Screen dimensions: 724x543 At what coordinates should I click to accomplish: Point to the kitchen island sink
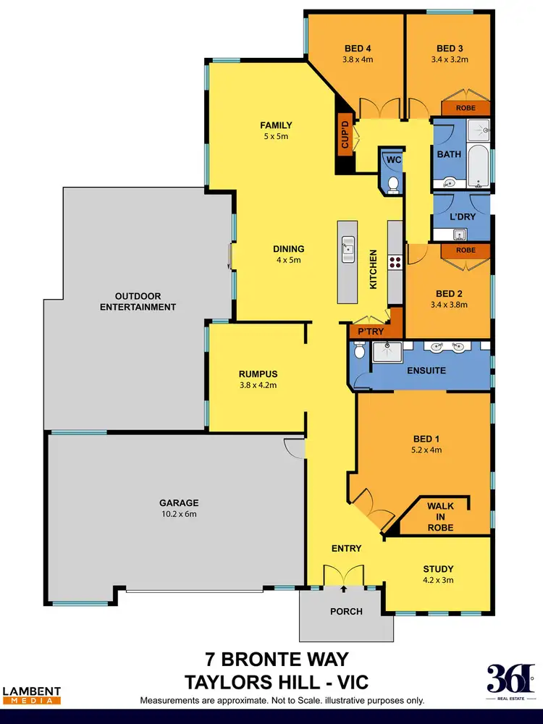click(348, 248)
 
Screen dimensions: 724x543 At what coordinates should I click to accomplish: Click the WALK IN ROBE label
click(440, 517)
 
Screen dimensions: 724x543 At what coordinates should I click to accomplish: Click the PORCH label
click(347, 611)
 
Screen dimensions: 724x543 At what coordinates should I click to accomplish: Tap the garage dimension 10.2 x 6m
click(178, 514)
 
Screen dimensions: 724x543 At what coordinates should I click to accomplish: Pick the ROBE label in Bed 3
click(465, 108)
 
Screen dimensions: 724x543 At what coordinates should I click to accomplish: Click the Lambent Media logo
click(32, 695)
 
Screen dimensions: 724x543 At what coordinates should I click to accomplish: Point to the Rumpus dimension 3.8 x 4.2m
click(258, 385)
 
